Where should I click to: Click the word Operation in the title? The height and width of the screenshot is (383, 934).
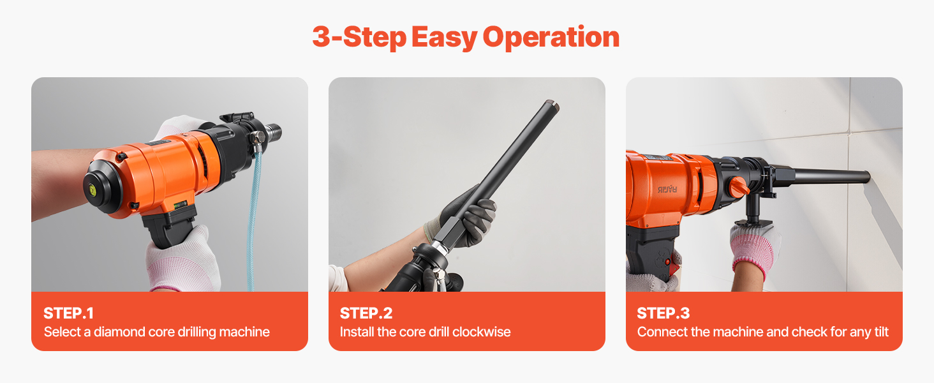tap(551, 38)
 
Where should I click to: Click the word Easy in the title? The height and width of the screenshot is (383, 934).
tap(444, 38)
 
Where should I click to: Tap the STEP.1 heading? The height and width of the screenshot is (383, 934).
tap(69, 313)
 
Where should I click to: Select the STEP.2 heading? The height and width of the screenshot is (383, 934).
tap(366, 313)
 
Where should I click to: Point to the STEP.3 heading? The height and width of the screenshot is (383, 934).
tap(663, 313)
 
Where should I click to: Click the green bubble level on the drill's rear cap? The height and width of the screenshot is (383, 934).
tap(92, 190)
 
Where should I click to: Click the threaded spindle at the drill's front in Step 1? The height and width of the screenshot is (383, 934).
tap(274, 131)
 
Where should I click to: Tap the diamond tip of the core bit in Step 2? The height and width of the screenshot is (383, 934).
tap(553, 103)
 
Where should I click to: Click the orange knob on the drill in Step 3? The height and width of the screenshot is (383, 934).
tap(739, 187)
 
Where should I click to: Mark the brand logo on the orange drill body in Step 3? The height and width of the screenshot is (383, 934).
tap(667, 190)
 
